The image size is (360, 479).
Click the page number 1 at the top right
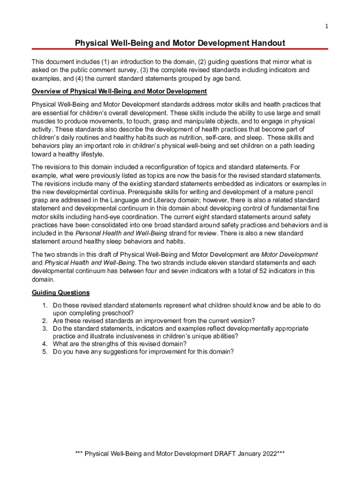[327, 26]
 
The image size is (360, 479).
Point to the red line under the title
[180, 49]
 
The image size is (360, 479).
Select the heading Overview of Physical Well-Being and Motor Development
[119, 91]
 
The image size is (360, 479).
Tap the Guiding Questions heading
[60, 293]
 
